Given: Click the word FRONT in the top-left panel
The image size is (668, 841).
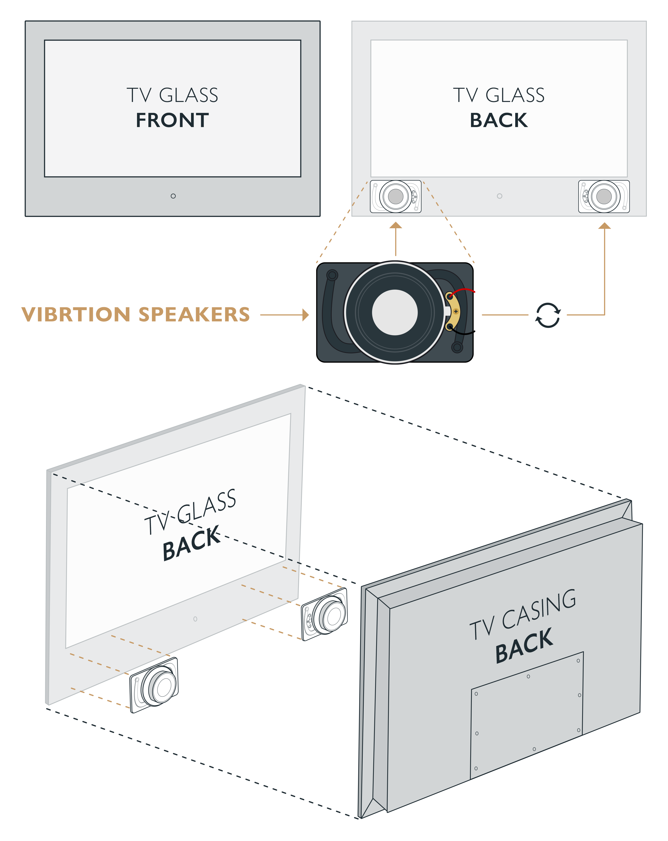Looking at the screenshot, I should click(x=172, y=120).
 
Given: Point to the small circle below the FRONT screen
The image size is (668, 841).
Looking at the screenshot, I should click(x=173, y=196).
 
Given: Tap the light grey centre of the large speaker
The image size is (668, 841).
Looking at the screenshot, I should click(x=394, y=312).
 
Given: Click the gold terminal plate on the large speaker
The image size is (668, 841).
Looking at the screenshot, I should click(x=454, y=312).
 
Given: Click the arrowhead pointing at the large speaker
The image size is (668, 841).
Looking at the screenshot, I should click(x=306, y=314).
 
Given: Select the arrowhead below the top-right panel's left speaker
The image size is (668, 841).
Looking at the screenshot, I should click(x=396, y=225).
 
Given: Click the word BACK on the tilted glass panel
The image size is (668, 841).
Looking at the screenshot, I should click(x=191, y=543).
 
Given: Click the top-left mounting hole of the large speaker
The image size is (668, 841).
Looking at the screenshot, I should click(x=332, y=275).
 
